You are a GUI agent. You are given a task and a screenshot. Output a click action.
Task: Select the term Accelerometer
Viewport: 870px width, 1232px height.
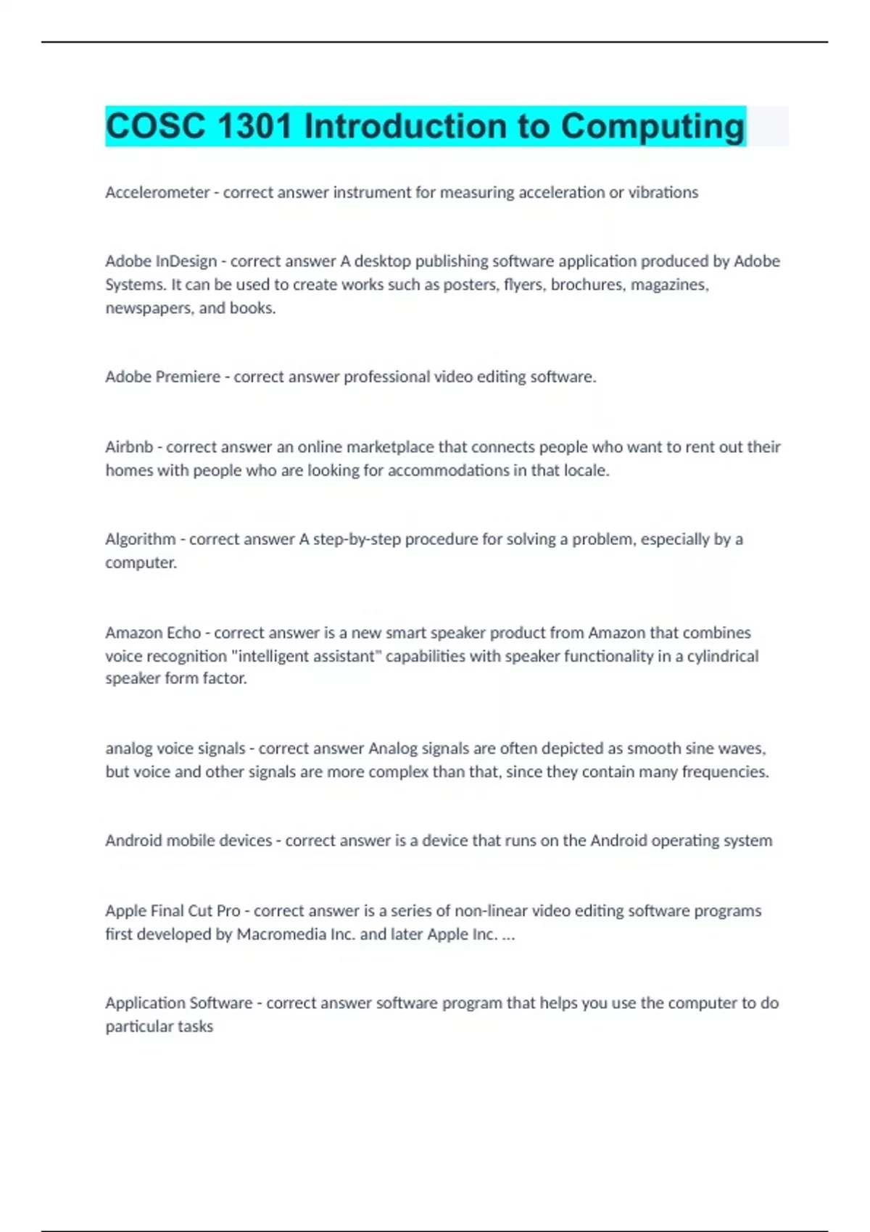tap(157, 193)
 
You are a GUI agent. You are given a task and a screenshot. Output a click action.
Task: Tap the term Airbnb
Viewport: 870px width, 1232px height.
tap(129, 447)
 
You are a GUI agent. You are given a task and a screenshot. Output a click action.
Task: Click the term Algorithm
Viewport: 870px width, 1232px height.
tap(141, 540)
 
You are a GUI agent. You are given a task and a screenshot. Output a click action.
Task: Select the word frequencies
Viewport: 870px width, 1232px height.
tap(725, 772)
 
